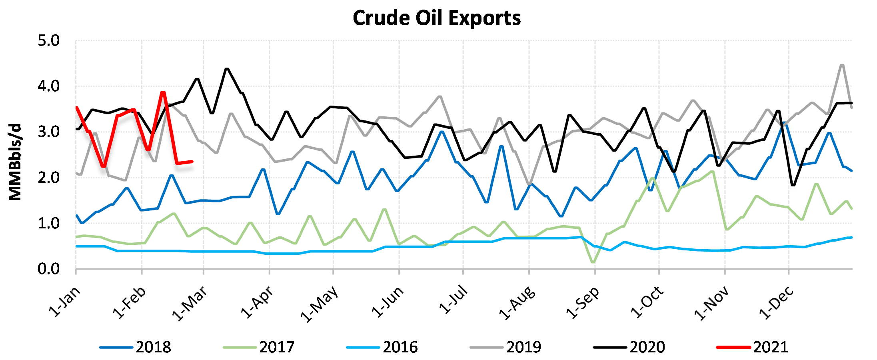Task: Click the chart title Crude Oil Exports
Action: coord(437,18)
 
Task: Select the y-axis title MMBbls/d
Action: coord(15,162)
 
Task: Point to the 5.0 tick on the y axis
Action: coord(48,40)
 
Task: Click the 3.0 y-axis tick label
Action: coord(48,132)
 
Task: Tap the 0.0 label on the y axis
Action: coord(48,269)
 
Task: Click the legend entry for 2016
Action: coord(400,347)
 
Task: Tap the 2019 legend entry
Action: coord(523,347)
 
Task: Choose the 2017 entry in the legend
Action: coord(276,347)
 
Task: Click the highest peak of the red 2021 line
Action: coord(163,93)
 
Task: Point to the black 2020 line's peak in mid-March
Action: coord(227,69)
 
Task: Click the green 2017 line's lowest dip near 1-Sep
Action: coord(593,262)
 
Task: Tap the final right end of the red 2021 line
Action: coord(192,162)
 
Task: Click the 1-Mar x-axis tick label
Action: coord(190,303)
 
